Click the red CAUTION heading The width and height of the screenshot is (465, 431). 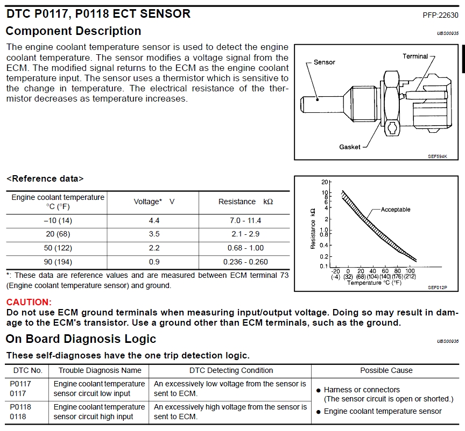click(29, 303)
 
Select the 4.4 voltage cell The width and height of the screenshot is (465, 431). click(154, 221)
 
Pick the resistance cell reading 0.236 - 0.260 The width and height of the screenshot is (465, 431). click(245, 262)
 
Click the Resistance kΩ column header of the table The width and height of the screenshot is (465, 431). click(245, 202)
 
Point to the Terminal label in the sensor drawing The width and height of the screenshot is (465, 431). click(415, 56)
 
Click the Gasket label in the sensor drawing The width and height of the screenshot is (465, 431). click(350, 147)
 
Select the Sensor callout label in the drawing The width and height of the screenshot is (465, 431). click(324, 62)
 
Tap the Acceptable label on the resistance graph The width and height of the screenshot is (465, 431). click(396, 210)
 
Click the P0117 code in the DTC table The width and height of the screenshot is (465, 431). click(20, 384)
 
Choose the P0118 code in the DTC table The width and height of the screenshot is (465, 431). click(20, 407)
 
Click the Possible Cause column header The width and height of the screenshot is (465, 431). click(386, 370)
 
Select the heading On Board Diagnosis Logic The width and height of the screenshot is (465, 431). click(81, 339)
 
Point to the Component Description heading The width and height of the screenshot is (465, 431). click(73, 31)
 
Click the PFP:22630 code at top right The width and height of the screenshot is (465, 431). click(441, 15)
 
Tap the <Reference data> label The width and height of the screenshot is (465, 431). click(45, 178)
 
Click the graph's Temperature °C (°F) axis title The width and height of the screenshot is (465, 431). click(375, 283)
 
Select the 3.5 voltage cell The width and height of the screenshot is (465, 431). click(154, 234)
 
